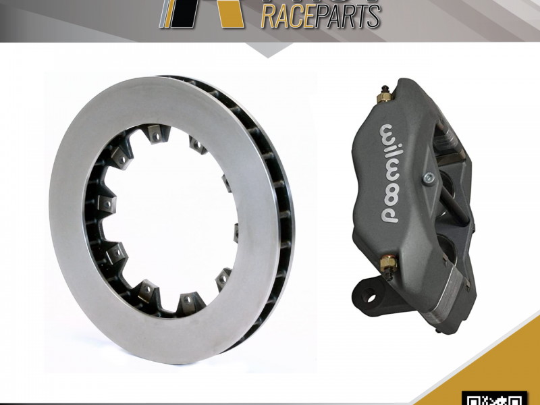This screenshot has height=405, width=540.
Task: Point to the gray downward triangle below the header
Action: click(270, 49)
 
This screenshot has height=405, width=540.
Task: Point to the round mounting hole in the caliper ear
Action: click(371, 294)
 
